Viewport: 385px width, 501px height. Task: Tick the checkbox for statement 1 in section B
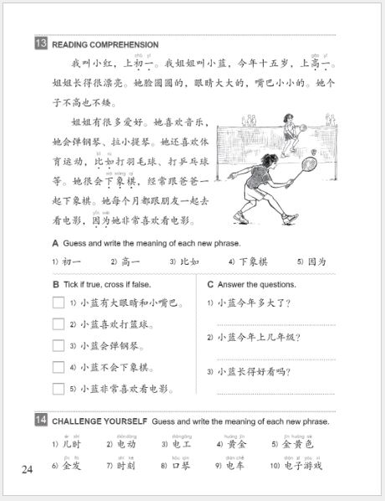click(59, 302)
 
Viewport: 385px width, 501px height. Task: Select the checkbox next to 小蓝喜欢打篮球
click(59, 324)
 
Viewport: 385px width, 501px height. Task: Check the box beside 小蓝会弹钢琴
click(59, 345)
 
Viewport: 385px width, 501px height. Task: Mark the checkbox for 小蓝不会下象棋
click(59, 367)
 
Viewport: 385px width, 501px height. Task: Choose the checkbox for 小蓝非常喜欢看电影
click(59, 388)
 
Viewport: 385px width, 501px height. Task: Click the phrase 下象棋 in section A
click(252, 261)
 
